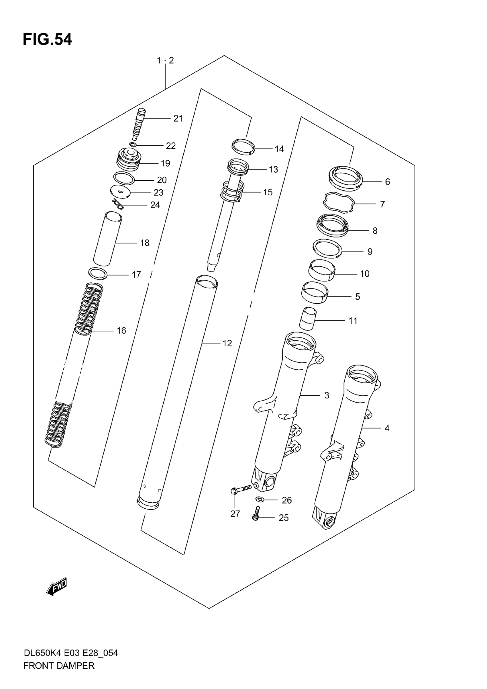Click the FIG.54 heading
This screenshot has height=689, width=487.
[47, 39]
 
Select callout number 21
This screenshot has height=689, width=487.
[178, 118]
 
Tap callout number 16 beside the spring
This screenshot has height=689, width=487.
[121, 330]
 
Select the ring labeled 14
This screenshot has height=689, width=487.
[243, 147]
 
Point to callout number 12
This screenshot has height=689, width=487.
[227, 343]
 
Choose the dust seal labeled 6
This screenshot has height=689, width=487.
[346, 178]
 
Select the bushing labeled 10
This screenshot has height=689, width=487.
[322, 270]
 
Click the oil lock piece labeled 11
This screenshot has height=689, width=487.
[308, 318]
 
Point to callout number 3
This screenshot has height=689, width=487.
[327, 395]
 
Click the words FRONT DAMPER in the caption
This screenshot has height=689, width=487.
[59, 665]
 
